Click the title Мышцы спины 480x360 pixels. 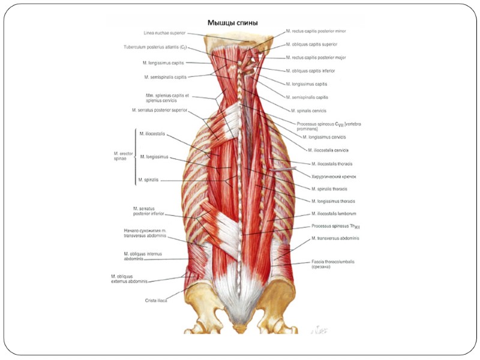click(233, 23)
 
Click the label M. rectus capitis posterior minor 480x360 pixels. click(316, 30)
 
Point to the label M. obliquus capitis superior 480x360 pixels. click(311, 44)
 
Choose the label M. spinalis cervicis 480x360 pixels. click(309, 110)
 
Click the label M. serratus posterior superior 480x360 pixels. click(160, 110)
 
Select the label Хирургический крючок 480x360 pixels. click(334, 177)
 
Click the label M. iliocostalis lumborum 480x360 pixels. click(334, 214)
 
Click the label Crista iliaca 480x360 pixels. click(155, 300)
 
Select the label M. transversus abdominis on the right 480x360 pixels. click(335, 238)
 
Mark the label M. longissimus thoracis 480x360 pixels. click(333, 201)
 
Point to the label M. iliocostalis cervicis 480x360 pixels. click(328, 150)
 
